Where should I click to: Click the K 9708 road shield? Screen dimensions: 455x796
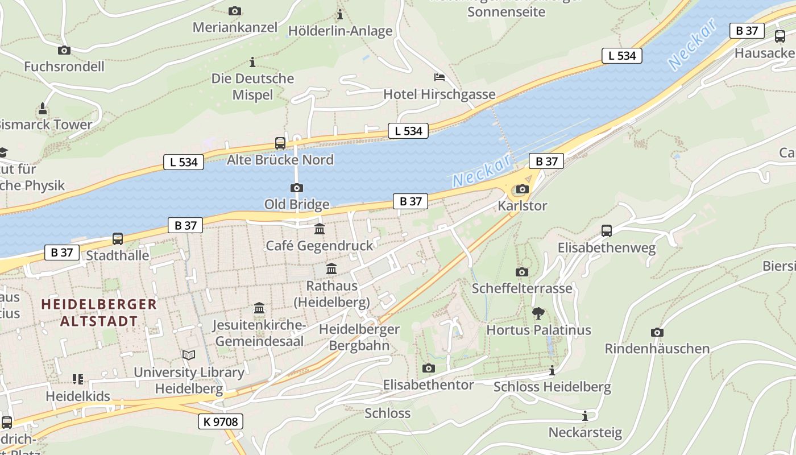coord(221,421)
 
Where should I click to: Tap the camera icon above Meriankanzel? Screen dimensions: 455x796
coord(234,11)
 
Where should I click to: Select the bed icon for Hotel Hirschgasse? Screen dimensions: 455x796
coord(439,77)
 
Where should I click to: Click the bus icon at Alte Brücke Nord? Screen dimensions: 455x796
coord(280,143)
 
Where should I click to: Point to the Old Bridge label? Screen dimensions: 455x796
coord(296,204)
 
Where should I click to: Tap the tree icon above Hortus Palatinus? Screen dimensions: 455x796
coord(538,313)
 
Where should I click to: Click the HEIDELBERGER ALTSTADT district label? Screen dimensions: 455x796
coord(99,312)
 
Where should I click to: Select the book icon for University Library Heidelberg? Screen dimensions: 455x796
coord(188,355)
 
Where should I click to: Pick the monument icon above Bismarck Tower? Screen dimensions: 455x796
coord(42,108)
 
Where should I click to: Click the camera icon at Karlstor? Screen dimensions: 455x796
coord(522,189)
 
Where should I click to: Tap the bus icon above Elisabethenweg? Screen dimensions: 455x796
coord(607,231)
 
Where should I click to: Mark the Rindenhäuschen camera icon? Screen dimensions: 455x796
coord(657,332)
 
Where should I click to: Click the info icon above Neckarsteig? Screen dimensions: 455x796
coord(584,416)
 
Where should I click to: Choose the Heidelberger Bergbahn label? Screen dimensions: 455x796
coord(359,337)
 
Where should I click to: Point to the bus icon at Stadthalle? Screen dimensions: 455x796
coord(118,239)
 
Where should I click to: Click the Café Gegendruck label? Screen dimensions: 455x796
coord(320,246)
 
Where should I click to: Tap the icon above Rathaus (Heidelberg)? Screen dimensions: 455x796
coord(331,268)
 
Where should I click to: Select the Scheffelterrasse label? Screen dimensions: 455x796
coord(522,288)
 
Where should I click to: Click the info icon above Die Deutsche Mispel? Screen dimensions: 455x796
coord(252,62)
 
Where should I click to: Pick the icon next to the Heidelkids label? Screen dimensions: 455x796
coord(78,379)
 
